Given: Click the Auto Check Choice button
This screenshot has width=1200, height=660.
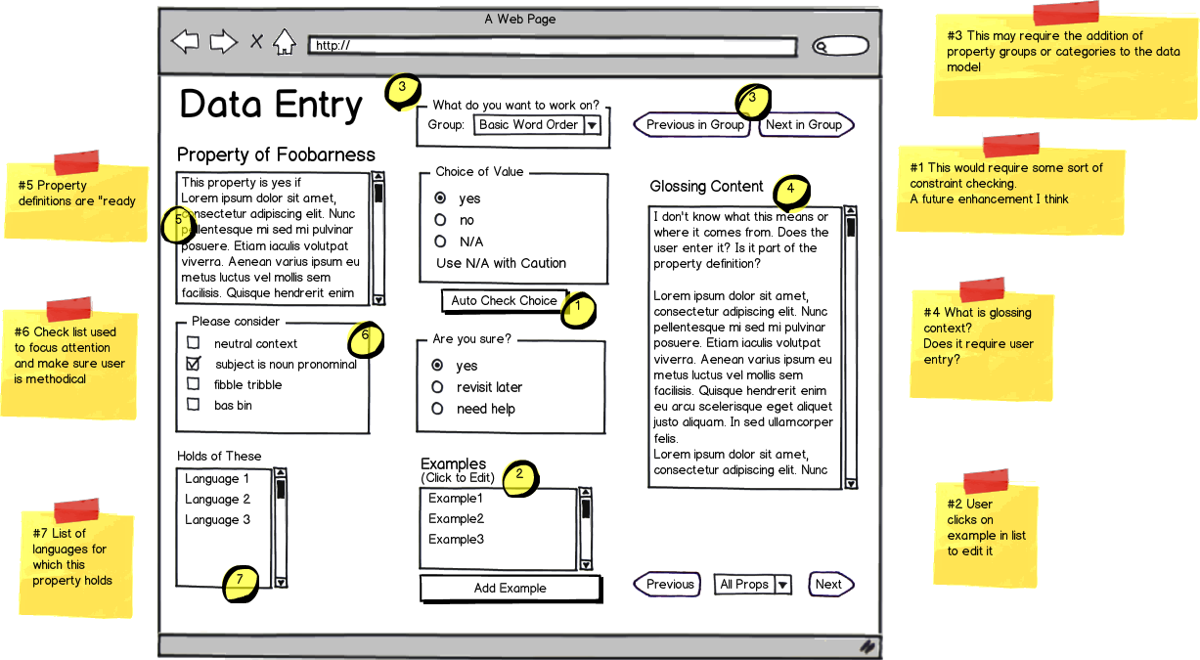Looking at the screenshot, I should pos(504,301).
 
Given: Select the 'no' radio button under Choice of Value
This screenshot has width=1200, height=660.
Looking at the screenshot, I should pos(440,220).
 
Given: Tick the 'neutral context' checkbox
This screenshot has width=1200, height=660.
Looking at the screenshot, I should pos(194,343).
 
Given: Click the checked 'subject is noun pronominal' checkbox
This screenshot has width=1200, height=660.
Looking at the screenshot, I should pos(194,364).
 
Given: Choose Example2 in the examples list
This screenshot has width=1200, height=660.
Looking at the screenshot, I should pos(456,519).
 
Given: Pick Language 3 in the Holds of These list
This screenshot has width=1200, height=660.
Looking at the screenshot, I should pos(217,520).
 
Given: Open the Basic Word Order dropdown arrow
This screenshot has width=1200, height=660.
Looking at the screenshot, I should pos(592,125).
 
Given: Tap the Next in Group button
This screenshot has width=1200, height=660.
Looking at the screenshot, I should pos(804,125).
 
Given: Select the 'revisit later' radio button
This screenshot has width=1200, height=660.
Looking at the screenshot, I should pos(437,387).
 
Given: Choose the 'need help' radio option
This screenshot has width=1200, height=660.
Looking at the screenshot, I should pos(437,409).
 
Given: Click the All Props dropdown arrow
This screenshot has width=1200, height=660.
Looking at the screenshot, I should pos(782,585).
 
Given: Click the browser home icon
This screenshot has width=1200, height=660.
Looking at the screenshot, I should pos(284,42).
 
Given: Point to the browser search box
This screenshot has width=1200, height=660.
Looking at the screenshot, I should pos(840,45).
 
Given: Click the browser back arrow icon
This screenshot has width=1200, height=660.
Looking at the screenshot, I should pos(185,42).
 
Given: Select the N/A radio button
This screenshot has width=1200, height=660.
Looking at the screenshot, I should pos(440,242).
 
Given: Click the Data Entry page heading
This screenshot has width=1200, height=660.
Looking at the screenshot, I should pos(271,105).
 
